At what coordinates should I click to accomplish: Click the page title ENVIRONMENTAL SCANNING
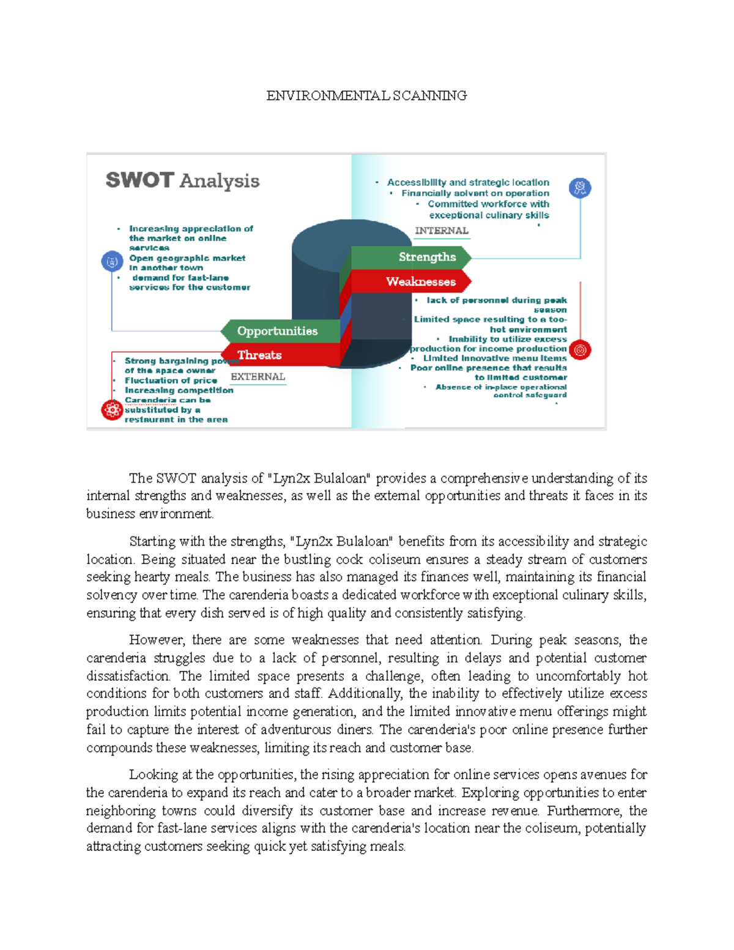366,95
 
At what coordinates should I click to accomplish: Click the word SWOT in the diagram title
139,180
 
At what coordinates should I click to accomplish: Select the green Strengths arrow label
427,257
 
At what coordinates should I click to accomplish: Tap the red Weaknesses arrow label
421,281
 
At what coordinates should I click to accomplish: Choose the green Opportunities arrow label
277,331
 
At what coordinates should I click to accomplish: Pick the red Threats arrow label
259,355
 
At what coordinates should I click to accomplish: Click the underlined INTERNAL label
442,231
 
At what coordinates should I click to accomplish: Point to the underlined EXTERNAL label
258,377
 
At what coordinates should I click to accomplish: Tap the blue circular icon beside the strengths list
579,188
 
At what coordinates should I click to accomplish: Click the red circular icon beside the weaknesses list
580,350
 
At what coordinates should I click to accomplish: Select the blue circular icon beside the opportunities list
112,262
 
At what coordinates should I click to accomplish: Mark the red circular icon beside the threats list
112,410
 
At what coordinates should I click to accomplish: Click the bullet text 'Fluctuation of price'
171,380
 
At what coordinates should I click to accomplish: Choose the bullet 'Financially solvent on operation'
475,193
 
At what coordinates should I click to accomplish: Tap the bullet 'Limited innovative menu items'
494,358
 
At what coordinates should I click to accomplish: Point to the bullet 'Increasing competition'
179,390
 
